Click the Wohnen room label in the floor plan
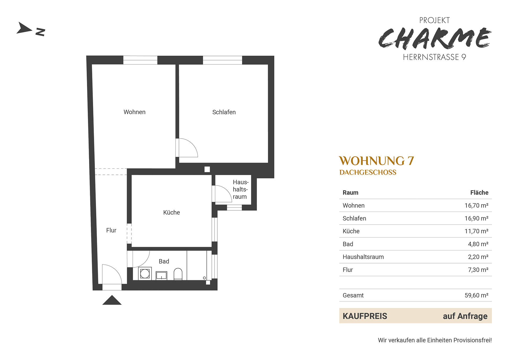coord(134,112)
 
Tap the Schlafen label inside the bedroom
coord(224,112)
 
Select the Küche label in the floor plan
coord(172,212)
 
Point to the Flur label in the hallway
coord(111,230)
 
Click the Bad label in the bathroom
coord(164,261)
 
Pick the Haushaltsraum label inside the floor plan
coord(240,189)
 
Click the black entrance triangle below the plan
coord(112,300)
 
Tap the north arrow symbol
coord(24,28)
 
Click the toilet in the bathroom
coord(178,274)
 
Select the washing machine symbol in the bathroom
coord(145,274)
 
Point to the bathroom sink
coord(161,276)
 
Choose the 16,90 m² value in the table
coord(476,218)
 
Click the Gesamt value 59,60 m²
coord(476,295)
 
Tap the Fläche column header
coord(479,193)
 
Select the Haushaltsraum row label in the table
coord(363,257)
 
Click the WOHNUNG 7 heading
coord(376,161)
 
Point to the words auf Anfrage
coord(465,316)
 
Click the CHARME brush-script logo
coord(435,38)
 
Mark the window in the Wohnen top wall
coord(140,60)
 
